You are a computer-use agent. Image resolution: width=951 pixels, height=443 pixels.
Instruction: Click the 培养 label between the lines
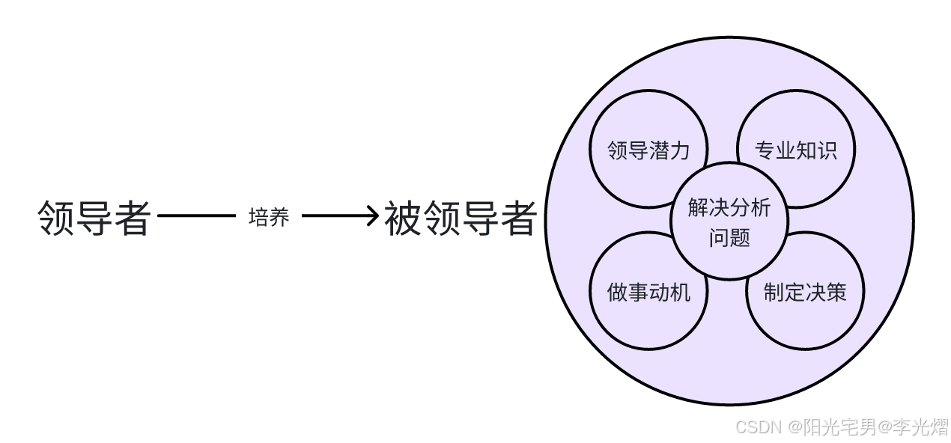[268, 218]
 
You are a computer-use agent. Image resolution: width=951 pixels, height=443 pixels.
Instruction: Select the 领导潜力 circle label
[648, 150]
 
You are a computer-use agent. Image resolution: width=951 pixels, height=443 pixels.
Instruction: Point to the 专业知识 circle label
[796, 150]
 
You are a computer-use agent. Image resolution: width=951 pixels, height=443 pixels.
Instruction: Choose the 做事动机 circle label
[648, 292]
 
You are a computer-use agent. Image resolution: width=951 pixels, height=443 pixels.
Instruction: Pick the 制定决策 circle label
[805, 292]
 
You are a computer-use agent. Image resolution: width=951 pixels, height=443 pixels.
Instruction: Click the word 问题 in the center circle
[729, 238]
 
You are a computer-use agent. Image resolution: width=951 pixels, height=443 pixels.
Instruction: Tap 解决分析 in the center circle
[729, 208]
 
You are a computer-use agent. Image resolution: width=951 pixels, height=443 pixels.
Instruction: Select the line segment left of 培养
[197, 217]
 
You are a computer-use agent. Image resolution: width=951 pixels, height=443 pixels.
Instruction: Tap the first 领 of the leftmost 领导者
[57, 219]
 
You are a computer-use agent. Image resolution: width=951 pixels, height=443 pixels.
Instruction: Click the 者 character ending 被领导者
[518, 219]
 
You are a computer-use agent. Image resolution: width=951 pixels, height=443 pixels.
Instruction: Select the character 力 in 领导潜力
[679, 150]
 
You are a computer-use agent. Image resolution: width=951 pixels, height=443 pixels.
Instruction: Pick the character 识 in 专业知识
[827, 150]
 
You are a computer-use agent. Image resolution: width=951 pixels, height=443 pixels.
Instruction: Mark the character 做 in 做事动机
[618, 292]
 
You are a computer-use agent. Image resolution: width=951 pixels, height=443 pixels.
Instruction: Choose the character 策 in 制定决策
[836, 292]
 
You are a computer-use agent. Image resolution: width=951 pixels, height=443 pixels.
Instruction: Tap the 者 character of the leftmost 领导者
[133, 219]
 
